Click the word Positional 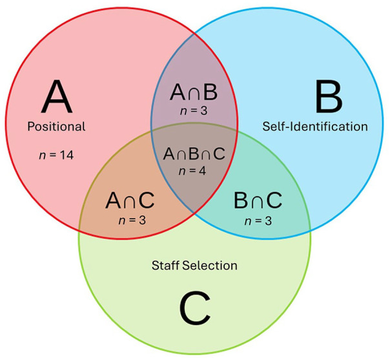pos(56,126)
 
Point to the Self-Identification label pos(315,127)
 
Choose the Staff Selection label pos(194,265)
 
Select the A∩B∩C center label pos(194,154)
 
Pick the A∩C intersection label pos(130,200)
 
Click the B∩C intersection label pos(258,200)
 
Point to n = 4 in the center pos(194,171)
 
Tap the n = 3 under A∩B pos(194,112)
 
